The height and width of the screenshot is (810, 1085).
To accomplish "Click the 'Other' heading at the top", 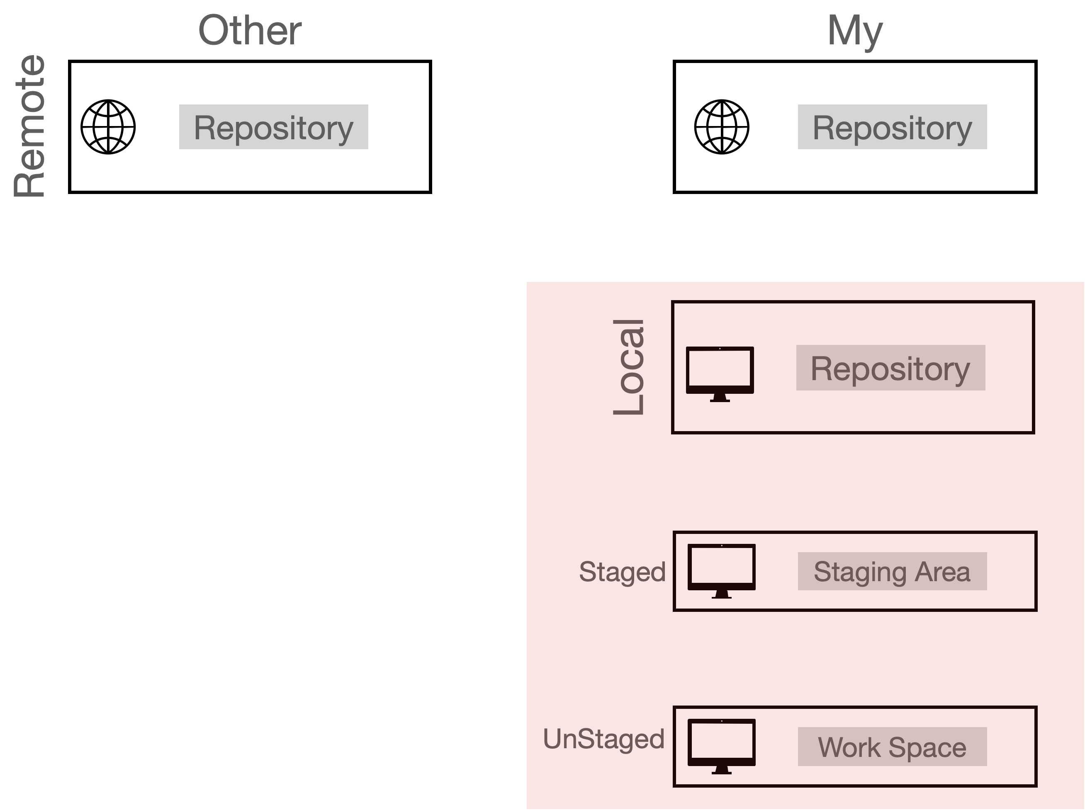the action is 250,30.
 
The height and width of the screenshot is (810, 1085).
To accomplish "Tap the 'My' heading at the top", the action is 855,32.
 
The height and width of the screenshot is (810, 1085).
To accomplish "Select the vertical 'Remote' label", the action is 30,126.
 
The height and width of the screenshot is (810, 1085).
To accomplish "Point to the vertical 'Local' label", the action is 629,367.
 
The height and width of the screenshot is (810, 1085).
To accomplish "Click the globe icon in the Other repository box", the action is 108,127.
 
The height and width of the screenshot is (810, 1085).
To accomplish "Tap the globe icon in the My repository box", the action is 722,127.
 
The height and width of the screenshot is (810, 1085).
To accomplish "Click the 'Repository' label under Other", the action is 274,128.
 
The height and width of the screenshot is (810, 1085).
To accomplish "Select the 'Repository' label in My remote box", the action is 892,128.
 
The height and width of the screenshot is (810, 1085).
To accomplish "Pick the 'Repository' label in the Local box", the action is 890,369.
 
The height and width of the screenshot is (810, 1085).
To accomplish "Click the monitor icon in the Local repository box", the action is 720,374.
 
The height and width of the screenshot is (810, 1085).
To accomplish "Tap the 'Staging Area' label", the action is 892,572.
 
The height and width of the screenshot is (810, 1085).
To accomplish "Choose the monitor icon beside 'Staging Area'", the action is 722,571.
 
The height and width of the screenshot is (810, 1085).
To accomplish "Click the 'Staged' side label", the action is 622,572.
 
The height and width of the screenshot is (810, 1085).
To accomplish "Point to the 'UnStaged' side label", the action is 604,740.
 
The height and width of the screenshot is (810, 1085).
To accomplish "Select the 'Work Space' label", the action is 892,747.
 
